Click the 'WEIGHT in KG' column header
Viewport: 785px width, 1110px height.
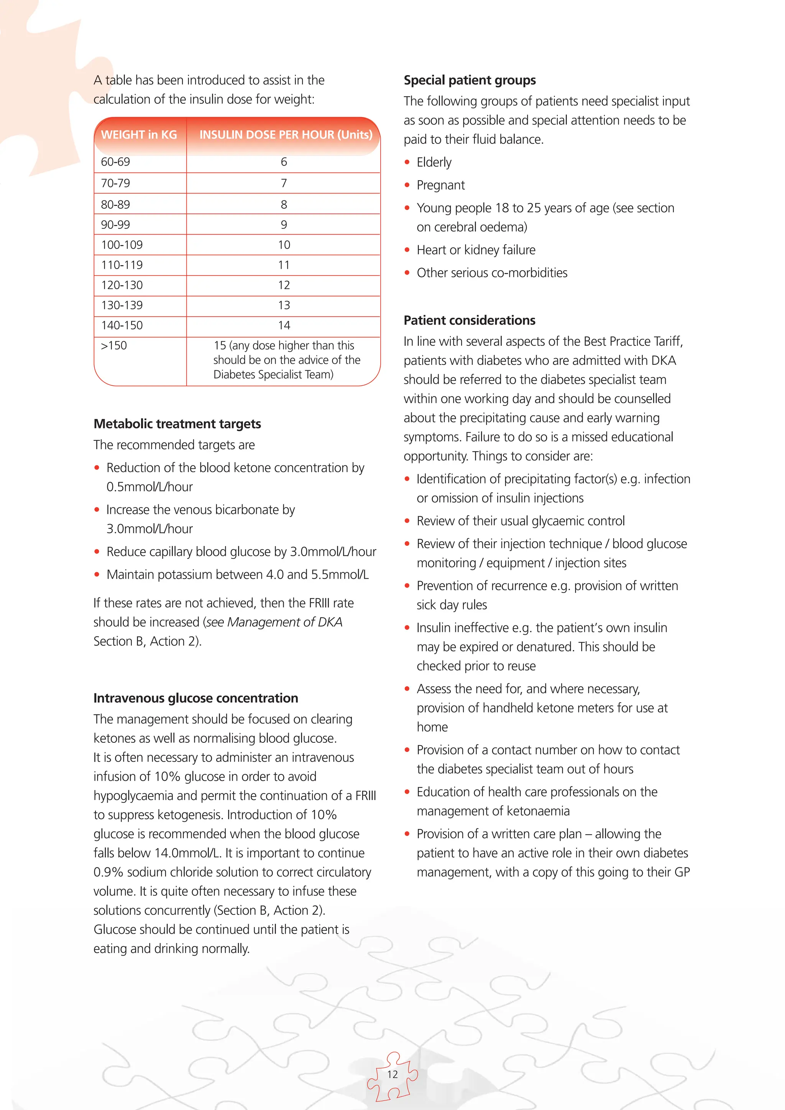[x=139, y=135]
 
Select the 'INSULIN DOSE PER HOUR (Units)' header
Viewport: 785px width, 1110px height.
[x=286, y=135]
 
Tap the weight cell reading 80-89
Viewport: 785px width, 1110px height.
[x=115, y=205]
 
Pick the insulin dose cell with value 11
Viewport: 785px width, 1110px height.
[x=284, y=265]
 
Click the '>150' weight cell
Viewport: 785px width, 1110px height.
[x=114, y=346]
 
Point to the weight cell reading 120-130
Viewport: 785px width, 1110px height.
[x=122, y=285]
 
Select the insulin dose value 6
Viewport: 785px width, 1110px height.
[x=284, y=162]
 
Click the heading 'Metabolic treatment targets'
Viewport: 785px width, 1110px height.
[x=177, y=424]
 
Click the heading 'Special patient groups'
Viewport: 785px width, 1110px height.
[x=470, y=80]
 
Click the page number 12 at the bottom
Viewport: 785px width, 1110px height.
[x=392, y=1074]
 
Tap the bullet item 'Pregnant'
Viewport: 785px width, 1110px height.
[x=440, y=185]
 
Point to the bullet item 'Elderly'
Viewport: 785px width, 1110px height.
[x=434, y=163]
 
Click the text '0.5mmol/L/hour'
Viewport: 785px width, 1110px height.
[x=149, y=487]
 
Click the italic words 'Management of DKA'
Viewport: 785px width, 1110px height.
[x=284, y=622]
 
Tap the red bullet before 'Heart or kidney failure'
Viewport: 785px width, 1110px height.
[x=407, y=250]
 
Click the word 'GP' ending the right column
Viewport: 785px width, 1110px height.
[x=682, y=872]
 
